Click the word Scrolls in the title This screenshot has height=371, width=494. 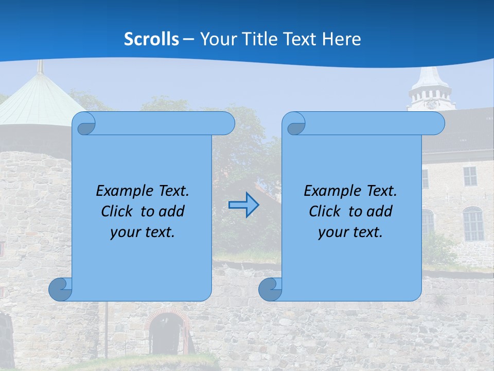tap(151, 39)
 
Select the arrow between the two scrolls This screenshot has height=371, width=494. tap(243, 205)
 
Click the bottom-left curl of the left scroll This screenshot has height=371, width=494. tap(60, 290)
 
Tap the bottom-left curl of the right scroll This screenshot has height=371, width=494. tap(270, 290)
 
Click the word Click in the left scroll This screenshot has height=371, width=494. tap(117, 211)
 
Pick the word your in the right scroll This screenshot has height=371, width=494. tap(333, 232)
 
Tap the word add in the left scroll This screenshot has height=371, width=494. tap(172, 211)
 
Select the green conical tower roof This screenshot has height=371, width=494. tap(36, 100)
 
